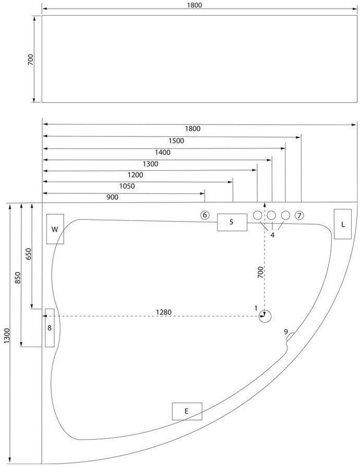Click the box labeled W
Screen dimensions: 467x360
pyautogui.click(x=55, y=229)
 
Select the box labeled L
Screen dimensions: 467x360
pyautogui.click(x=343, y=224)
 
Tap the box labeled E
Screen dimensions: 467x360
pyautogui.click(x=187, y=411)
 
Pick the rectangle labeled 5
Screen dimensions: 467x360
pyautogui.click(x=232, y=222)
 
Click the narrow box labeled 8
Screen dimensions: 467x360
pyautogui.click(x=50, y=328)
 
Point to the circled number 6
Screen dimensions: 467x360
pyautogui.click(x=205, y=215)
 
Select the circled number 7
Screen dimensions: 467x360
pyautogui.click(x=299, y=215)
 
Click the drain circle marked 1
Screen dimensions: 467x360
pyautogui.click(x=266, y=316)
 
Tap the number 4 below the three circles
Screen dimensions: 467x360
pyautogui.click(x=272, y=235)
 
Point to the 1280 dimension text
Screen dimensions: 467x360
pyautogui.click(x=163, y=312)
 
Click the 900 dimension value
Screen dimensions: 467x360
pyautogui.click(x=112, y=198)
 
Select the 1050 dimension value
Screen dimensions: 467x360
pyautogui.click(x=127, y=186)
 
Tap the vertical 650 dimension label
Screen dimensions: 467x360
pyautogui.click(x=29, y=254)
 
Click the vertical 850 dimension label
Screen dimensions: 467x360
pyautogui.click(x=18, y=277)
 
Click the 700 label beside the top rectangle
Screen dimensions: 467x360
pyautogui.click(x=31, y=59)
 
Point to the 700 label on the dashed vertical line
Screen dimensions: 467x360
pyautogui.click(x=260, y=273)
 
